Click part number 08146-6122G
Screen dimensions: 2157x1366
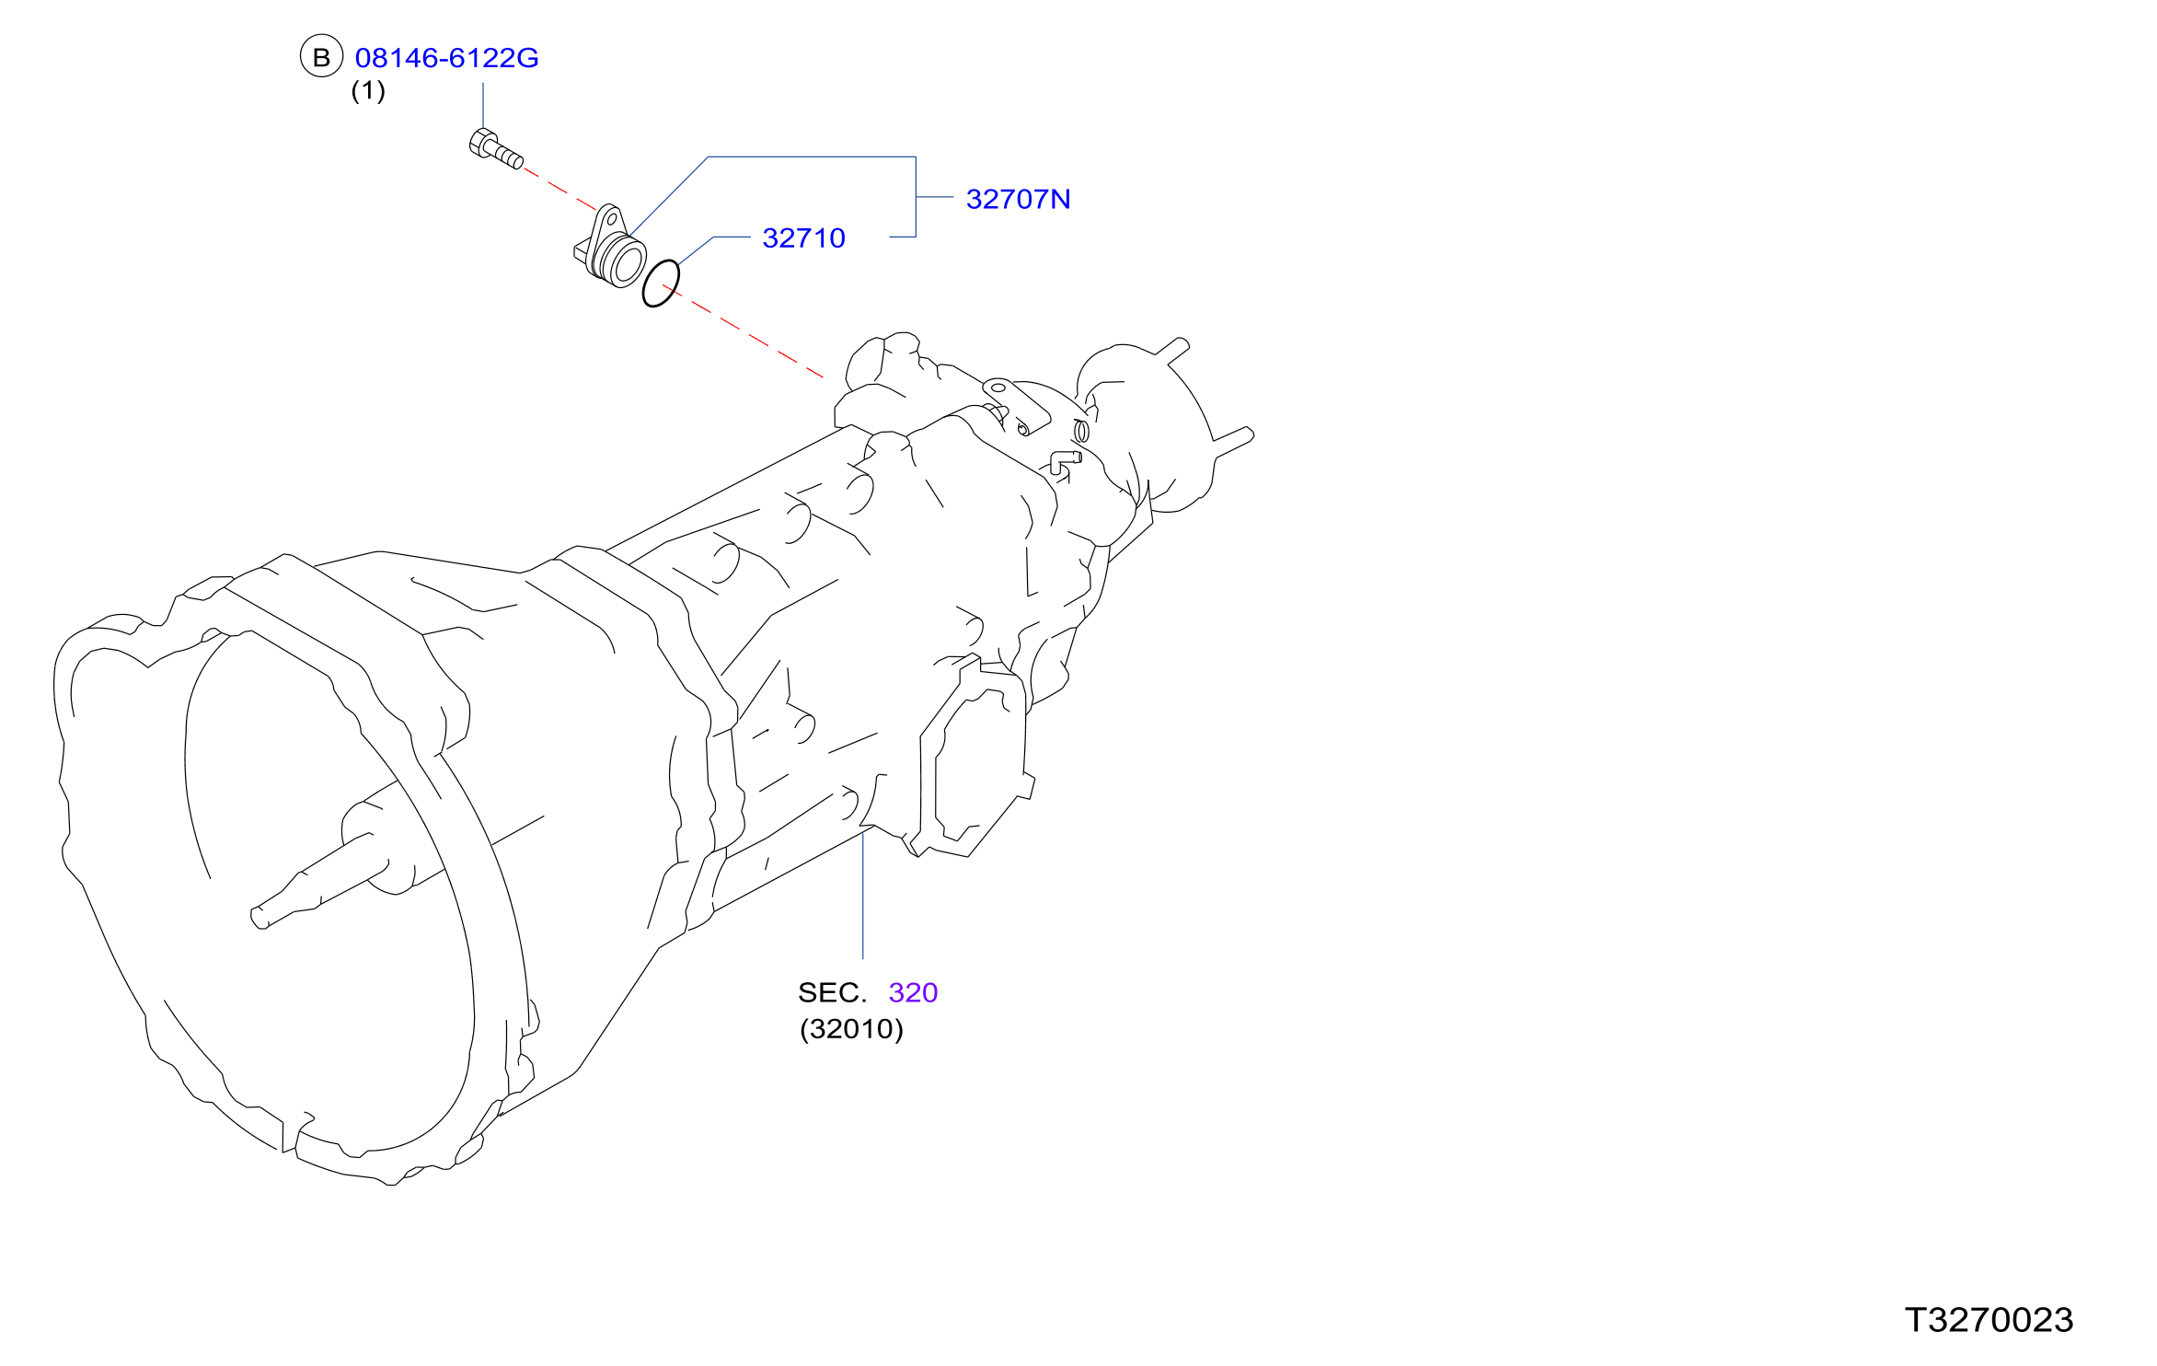click(446, 58)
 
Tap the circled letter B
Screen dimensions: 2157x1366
click(321, 57)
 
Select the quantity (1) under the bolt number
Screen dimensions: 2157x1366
click(368, 90)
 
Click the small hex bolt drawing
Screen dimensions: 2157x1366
click(496, 149)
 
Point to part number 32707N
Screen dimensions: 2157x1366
click(1018, 199)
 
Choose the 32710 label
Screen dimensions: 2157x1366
click(803, 237)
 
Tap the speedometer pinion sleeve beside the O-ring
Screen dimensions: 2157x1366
click(610, 247)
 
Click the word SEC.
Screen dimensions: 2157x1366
click(832, 992)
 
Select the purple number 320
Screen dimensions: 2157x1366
click(913, 992)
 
